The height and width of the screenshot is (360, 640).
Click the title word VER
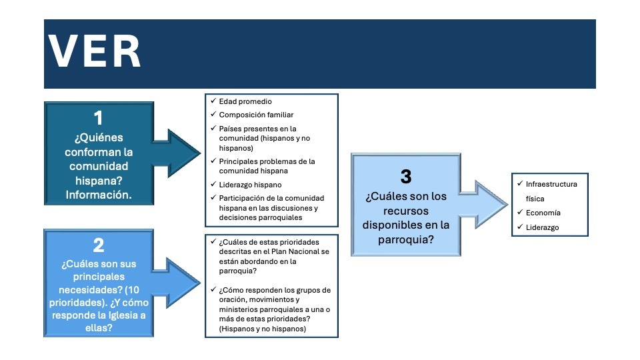94,52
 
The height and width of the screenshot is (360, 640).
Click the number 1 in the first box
99,118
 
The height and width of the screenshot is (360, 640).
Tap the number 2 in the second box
99,245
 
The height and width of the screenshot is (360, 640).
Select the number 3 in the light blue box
406,177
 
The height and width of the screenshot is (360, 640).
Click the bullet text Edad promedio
245,102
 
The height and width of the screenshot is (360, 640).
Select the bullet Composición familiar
256,115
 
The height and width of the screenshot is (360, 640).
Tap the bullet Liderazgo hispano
250,185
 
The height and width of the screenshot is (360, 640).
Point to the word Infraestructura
551,184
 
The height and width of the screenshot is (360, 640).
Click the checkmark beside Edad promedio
213,101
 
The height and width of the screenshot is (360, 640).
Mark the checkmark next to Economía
518,213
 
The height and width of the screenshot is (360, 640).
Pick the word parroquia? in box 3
406,239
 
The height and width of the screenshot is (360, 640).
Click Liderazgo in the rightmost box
542,228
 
